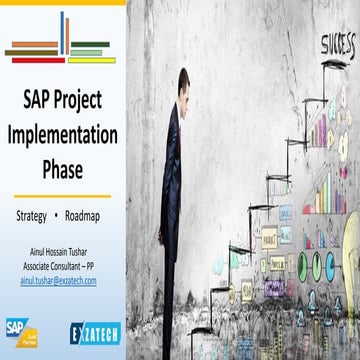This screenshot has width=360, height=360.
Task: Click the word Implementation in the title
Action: (x=61, y=134)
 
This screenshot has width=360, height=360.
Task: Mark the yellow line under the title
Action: (x=61, y=195)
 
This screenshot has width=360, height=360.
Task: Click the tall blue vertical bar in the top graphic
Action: (x=62, y=32)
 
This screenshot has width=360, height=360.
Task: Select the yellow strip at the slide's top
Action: (x=63, y=3)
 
